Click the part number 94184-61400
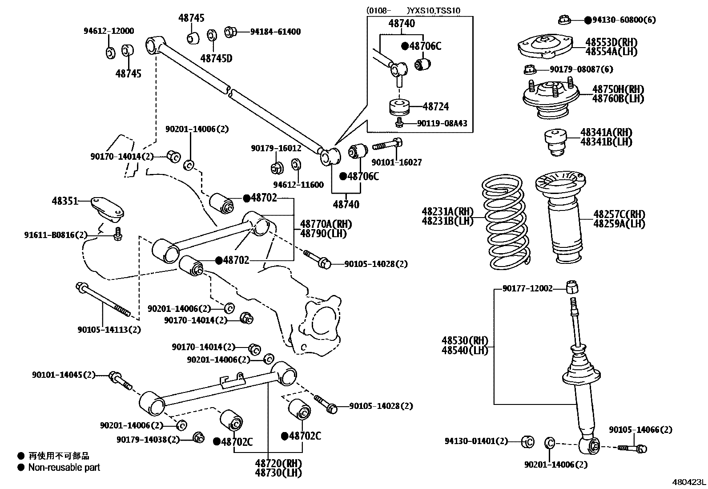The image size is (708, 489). [x=275, y=32]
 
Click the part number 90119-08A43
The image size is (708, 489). [x=442, y=123]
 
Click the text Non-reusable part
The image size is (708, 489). [x=64, y=468]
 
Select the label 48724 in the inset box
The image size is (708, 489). [x=435, y=106]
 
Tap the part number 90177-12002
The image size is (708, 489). [x=527, y=288]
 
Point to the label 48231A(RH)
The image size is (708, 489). [x=447, y=211]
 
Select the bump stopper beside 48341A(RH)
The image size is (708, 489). [x=555, y=142]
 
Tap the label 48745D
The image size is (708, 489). [x=216, y=58]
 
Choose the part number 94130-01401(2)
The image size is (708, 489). [x=476, y=441]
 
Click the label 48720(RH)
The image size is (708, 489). [x=278, y=463]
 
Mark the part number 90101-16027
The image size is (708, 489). [x=396, y=163]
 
